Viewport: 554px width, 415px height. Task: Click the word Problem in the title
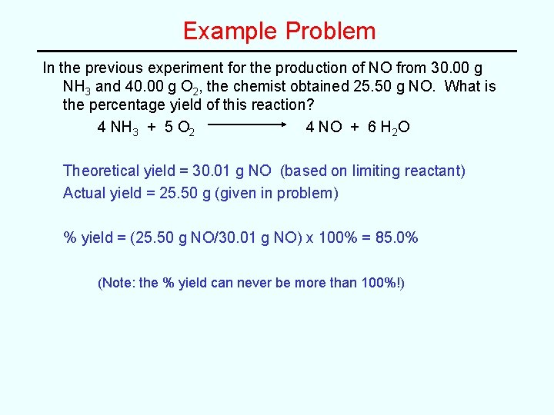click(x=331, y=32)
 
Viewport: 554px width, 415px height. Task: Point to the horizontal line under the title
click(x=277, y=51)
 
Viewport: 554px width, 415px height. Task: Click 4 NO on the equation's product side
click(x=324, y=126)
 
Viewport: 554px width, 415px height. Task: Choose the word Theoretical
click(x=102, y=171)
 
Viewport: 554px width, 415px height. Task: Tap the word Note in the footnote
click(x=117, y=283)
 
